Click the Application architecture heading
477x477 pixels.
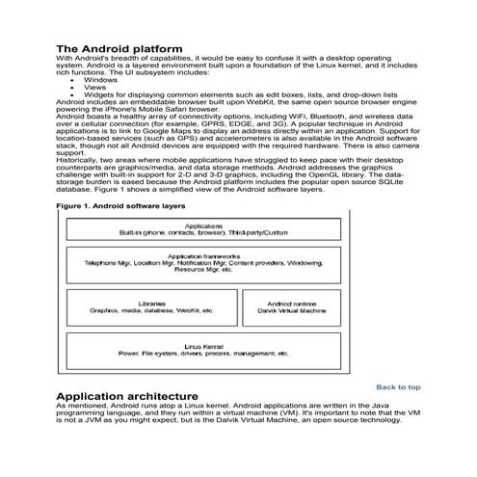pyautogui.click(x=127, y=396)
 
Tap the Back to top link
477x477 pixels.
pyautogui.click(x=398, y=386)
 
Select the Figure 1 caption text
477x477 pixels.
pyautogui.click(x=120, y=206)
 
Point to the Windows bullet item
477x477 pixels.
pyautogui.click(x=100, y=80)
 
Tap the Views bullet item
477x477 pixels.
pyautogui.click(x=95, y=87)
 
